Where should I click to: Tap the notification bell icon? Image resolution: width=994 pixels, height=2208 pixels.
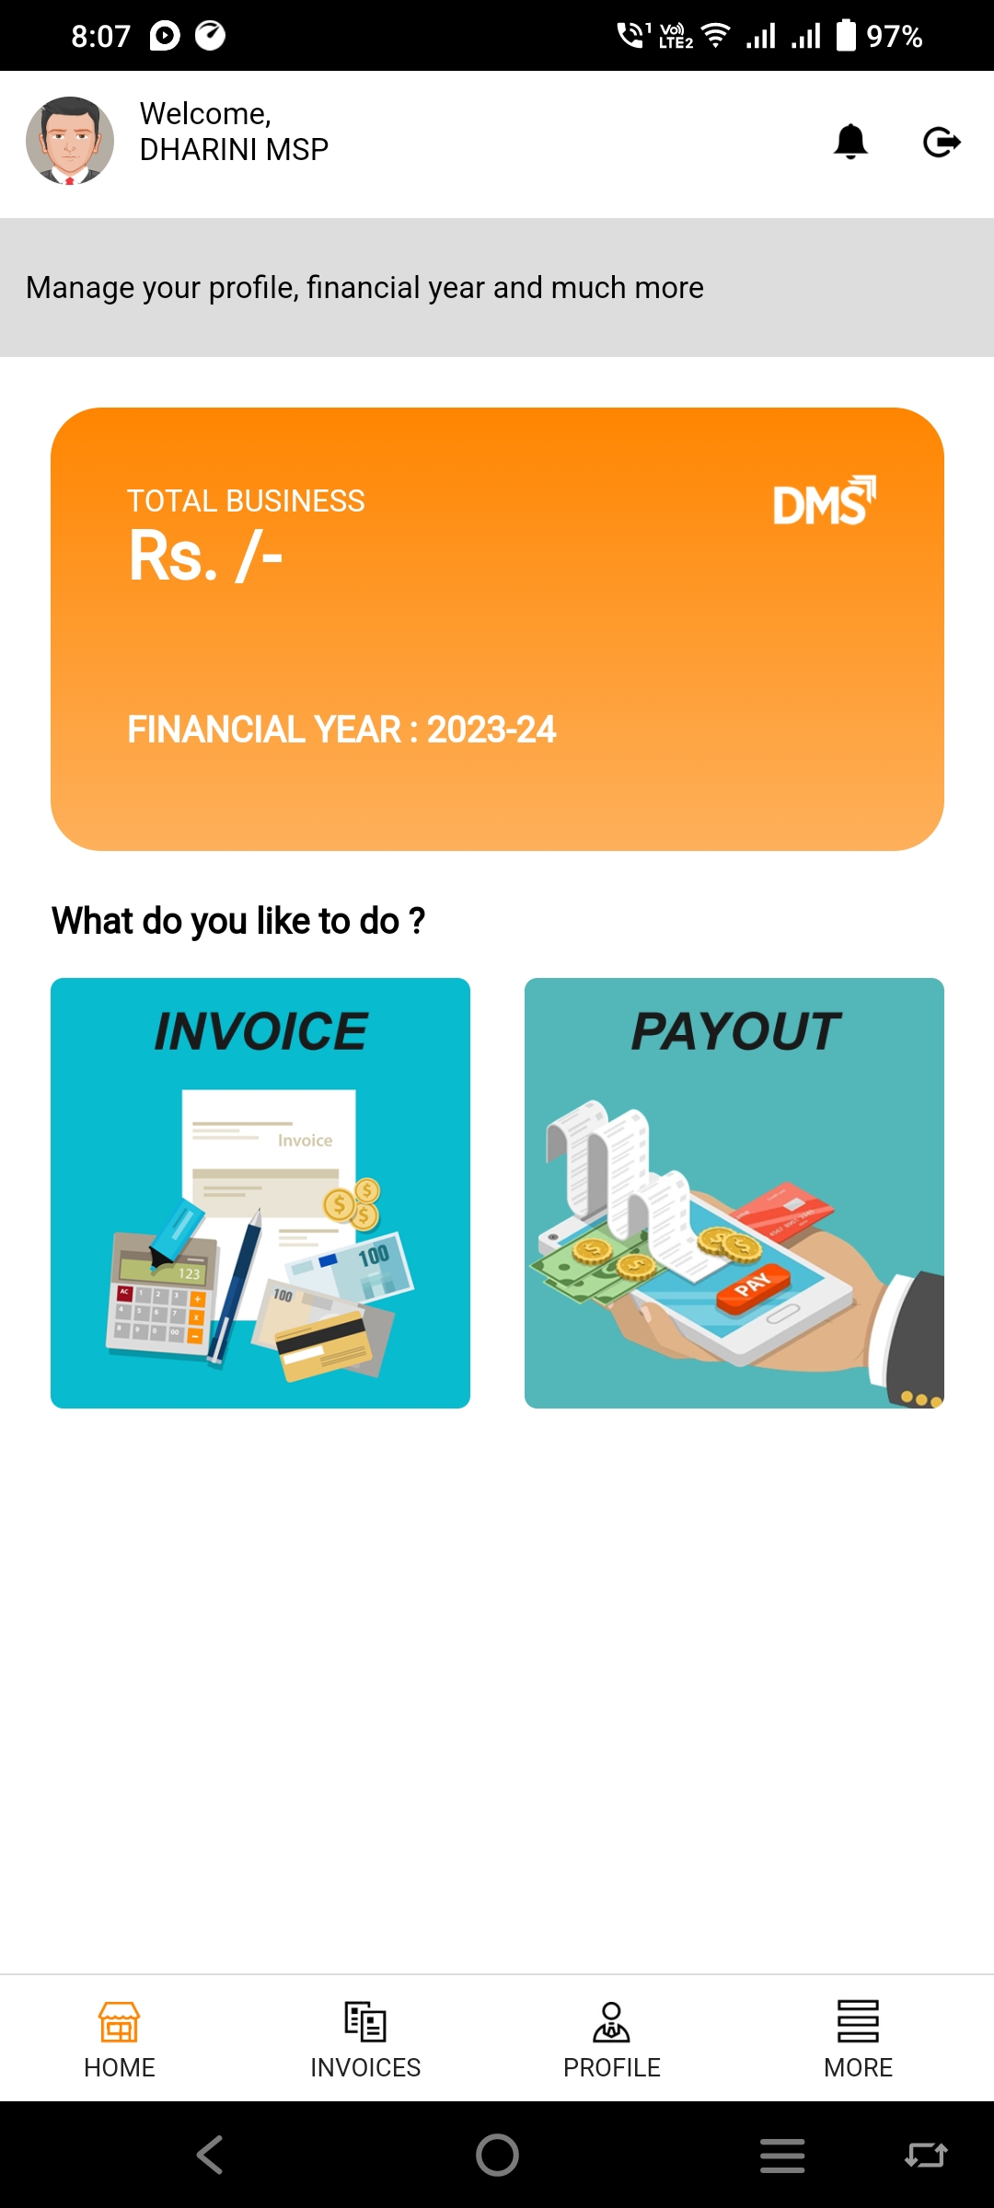click(x=850, y=142)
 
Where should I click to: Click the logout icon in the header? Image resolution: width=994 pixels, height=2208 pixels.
click(x=942, y=142)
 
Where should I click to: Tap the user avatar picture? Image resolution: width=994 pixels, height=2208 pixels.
click(x=70, y=141)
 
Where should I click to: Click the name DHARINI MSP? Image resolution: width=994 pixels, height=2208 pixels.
click(x=234, y=149)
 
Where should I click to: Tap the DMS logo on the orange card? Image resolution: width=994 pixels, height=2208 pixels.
click(x=824, y=501)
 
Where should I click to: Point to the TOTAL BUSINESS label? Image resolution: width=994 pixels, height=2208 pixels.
click(x=246, y=500)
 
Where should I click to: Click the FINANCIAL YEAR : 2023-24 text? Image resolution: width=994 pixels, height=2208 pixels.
click(x=341, y=730)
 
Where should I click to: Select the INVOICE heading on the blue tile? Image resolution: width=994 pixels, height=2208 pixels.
click(x=260, y=1030)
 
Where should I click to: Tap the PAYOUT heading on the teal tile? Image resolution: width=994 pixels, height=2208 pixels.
click(x=735, y=1030)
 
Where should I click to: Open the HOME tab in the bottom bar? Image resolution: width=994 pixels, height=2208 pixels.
click(x=120, y=2040)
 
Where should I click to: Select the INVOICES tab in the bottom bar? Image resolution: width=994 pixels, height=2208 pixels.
click(x=365, y=2040)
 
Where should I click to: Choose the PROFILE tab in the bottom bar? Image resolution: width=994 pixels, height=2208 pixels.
click(x=612, y=2040)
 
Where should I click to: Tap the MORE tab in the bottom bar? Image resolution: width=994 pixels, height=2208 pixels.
click(x=858, y=2040)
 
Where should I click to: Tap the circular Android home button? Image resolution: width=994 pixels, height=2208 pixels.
click(x=497, y=2155)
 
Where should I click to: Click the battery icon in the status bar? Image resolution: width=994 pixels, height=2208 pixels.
click(x=846, y=35)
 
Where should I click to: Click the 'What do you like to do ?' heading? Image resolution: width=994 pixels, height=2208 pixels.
click(x=238, y=921)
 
